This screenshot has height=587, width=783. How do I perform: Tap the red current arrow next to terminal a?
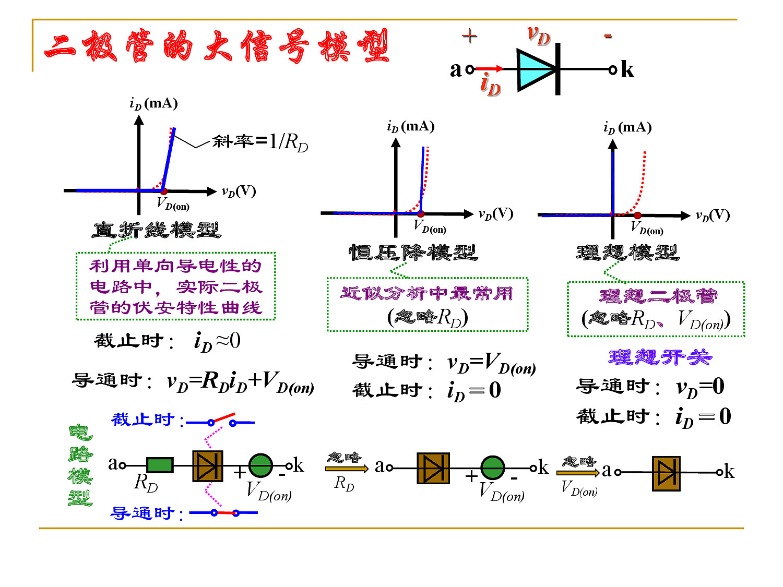[489, 68]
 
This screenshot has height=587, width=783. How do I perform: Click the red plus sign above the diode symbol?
[469, 36]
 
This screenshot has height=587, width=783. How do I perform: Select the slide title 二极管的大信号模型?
[216, 46]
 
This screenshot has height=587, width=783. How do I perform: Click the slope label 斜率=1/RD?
[260, 142]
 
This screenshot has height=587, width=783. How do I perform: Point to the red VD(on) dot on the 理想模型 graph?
[637, 215]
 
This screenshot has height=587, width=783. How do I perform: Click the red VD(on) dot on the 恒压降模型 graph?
[421, 213]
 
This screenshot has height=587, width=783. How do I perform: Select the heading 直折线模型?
[157, 230]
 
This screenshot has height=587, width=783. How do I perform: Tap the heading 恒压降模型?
[413, 253]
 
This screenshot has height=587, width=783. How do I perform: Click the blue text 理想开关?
[660, 357]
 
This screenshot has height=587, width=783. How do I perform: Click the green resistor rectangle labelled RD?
[160, 465]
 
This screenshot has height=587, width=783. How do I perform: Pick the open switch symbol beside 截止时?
[220, 420]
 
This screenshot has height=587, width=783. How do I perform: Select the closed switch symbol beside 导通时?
[223, 512]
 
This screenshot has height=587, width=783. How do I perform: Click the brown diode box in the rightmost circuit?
[666, 473]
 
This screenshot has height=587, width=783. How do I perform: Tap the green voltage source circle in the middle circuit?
[493, 467]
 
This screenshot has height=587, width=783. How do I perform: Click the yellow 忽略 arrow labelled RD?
[347, 469]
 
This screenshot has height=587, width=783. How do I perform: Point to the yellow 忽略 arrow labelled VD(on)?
[578, 473]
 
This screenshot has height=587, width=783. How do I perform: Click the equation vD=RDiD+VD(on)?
[240, 381]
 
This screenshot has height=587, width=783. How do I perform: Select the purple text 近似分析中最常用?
[426, 294]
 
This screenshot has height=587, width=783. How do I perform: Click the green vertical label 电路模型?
[80, 465]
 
